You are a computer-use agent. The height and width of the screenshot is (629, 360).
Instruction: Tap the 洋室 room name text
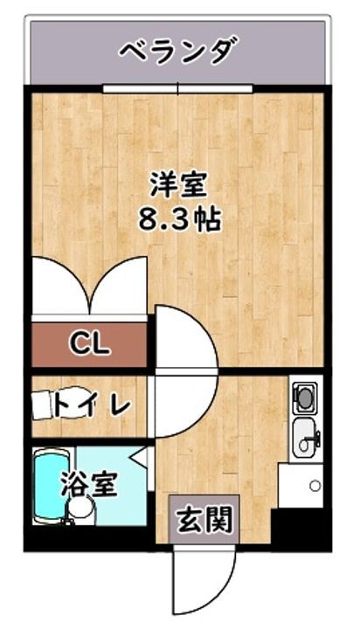tap(178, 185)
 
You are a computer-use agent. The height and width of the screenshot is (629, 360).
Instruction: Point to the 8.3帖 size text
tap(178, 218)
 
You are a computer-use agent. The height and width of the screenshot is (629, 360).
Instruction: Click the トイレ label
tap(91, 405)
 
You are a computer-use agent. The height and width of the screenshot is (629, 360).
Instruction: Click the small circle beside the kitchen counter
tap(315, 485)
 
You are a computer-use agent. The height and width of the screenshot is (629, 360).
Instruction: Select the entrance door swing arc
tap(205, 581)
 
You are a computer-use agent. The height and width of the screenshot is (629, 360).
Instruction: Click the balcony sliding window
tap(177, 88)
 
